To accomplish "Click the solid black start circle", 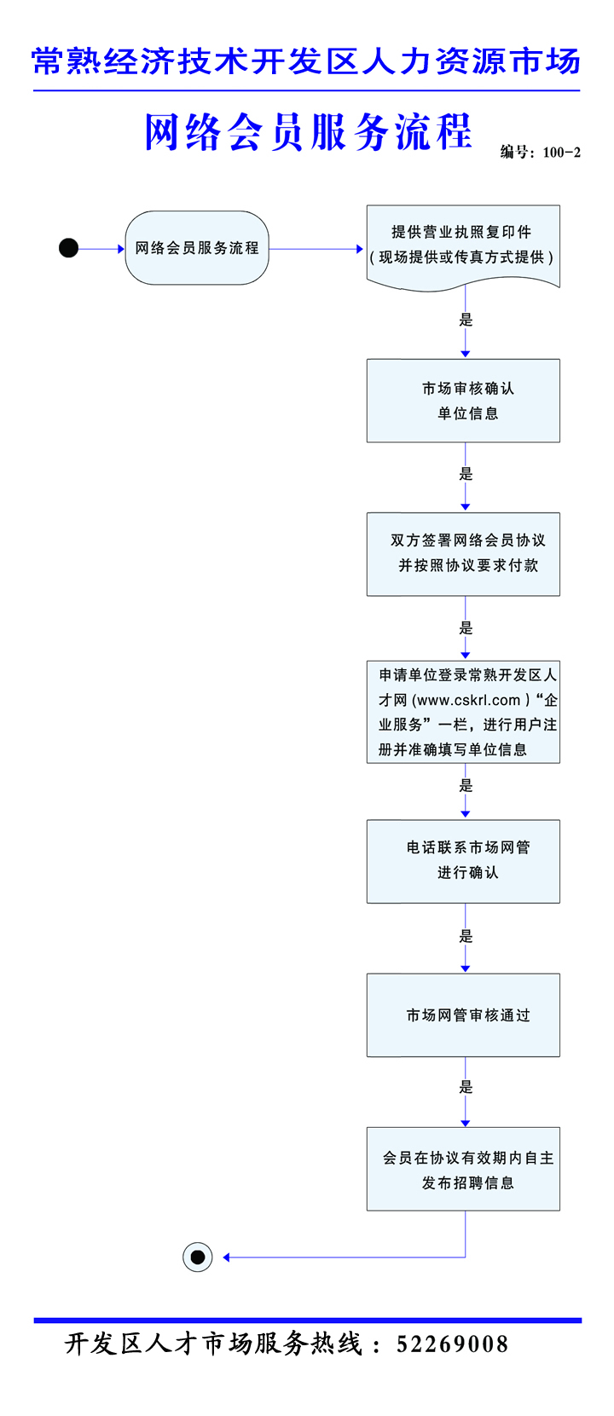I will point(69,248).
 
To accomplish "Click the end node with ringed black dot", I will point(198,1257).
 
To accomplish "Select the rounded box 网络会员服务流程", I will point(197,248).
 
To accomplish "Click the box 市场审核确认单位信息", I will point(463,401).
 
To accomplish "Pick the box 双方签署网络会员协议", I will point(463,553).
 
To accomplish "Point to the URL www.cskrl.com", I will point(468,700).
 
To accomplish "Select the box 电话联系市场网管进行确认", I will point(463,861).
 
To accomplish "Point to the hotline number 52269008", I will point(452,1344).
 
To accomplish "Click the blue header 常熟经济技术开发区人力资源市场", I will point(306,61).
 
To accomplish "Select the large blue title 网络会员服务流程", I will point(308,132).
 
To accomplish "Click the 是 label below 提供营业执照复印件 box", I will point(466,320).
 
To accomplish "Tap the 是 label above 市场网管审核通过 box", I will point(466,936).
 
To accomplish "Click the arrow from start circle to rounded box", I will point(101,249).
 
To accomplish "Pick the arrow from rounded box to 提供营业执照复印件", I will point(316,249).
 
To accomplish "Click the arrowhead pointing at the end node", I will point(226,1257).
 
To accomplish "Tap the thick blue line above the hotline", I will point(307,1321).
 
